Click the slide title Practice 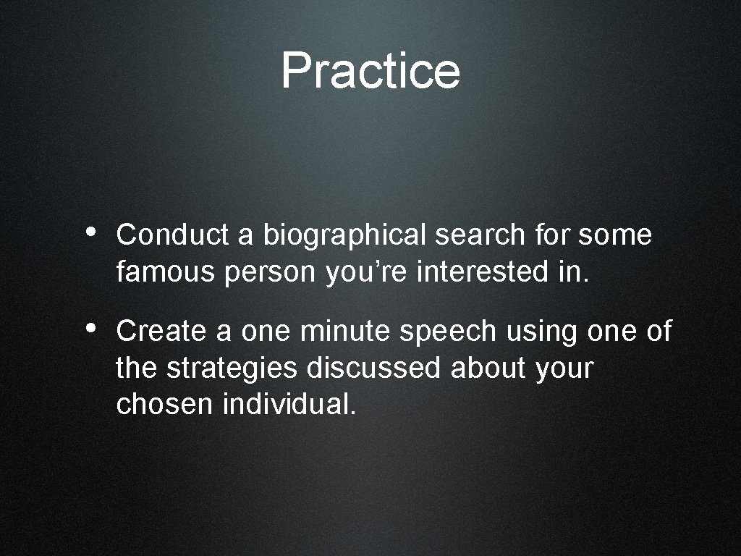pyautogui.click(x=370, y=70)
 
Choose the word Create pyautogui.click(x=160, y=331)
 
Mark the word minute pyautogui.click(x=348, y=331)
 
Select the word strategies pyautogui.click(x=232, y=369)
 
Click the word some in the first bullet pyautogui.click(x=615, y=235)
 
